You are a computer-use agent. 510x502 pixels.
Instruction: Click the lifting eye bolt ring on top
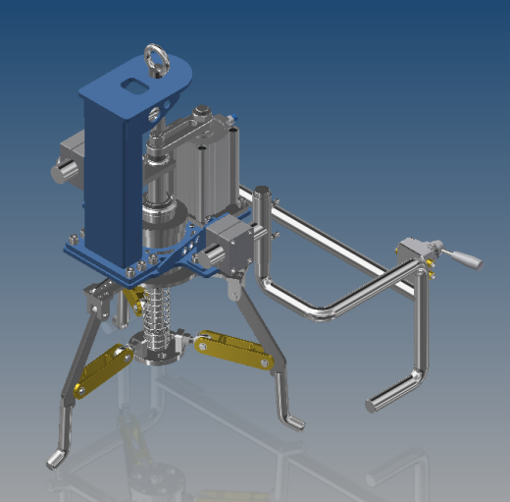(x=155, y=55)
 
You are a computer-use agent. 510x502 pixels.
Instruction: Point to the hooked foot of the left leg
(x=56, y=458)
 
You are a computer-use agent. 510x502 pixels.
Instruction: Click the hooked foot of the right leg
(x=293, y=421)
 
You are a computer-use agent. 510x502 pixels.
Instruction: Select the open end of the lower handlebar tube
(x=372, y=404)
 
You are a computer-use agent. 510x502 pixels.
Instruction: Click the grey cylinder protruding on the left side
(x=63, y=170)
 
